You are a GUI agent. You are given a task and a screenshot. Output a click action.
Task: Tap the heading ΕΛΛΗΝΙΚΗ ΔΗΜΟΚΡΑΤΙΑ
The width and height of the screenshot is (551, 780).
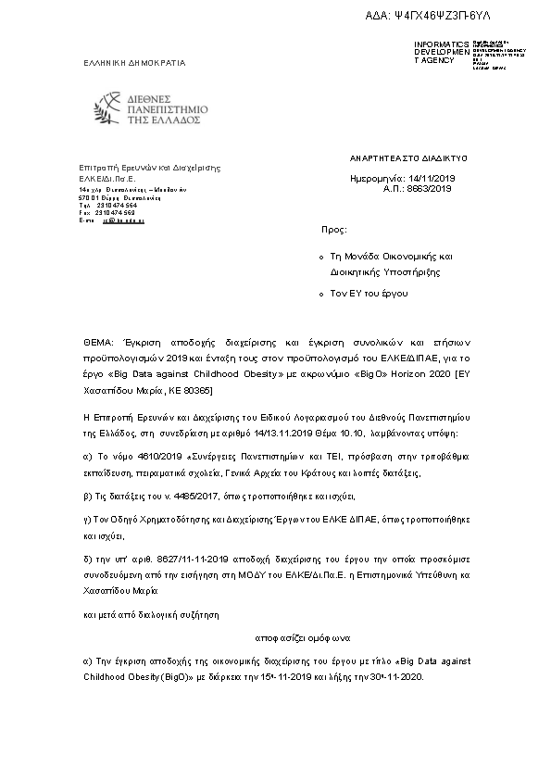click(x=135, y=63)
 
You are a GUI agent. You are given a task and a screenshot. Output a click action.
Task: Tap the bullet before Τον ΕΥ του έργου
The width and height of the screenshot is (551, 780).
click(x=319, y=294)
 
